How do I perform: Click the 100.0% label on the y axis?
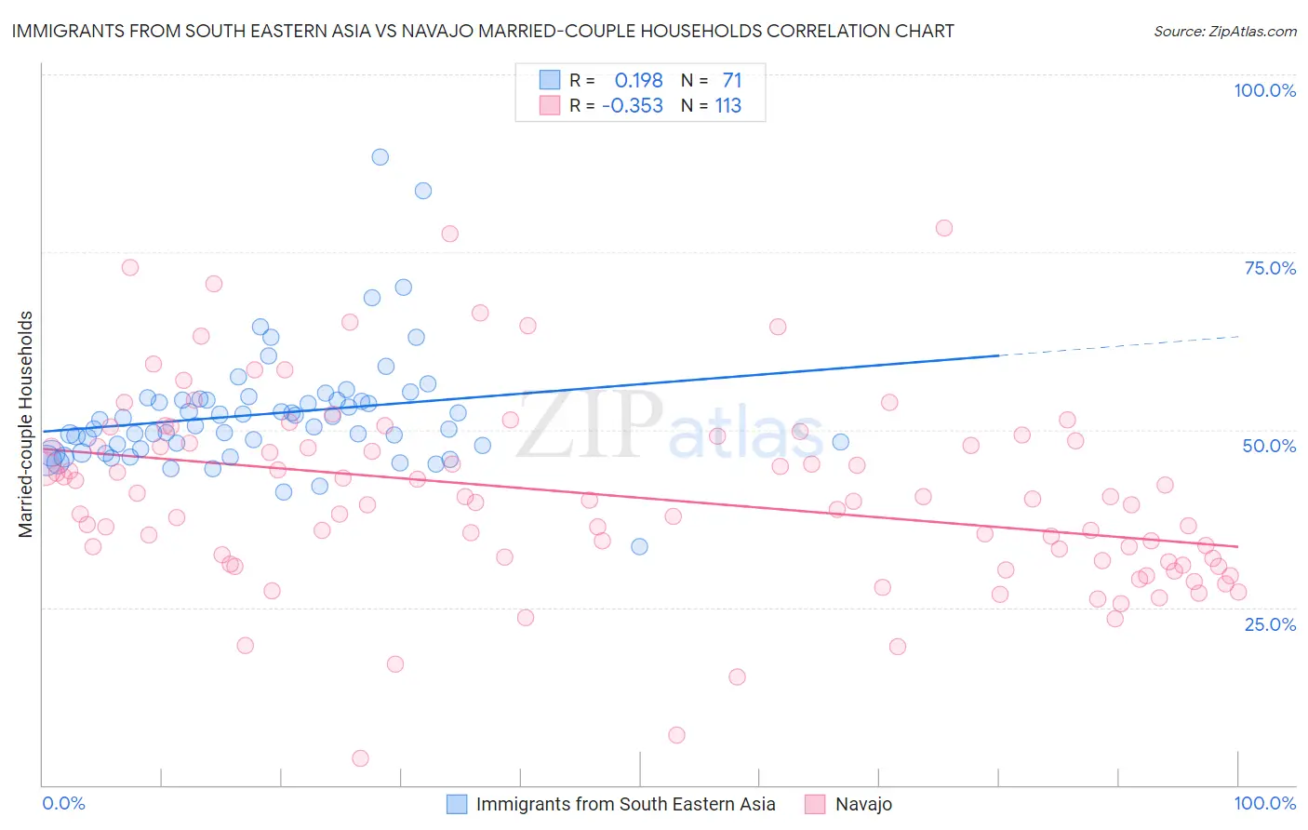click(1264, 90)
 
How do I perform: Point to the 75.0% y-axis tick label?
click(1270, 268)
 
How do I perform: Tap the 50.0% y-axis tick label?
click(1269, 446)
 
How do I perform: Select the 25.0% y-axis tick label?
click(1270, 624)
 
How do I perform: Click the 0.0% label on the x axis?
click(63, 803)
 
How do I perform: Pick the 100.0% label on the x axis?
click(1264, 803)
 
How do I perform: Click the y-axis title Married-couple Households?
click(26, 424)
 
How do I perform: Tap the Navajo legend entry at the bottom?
click(863, 804)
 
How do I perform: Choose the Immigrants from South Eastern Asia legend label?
click(625, 804)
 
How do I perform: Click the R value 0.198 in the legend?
click(638, 81)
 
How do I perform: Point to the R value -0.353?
click(633, 106)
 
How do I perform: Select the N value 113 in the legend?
click(727, 106)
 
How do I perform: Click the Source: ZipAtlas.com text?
click(1224, 31)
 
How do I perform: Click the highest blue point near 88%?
click(380, 157)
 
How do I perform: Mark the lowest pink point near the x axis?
click(360, 758)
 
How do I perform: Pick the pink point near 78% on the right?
click(943, 228)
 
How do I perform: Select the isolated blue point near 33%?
click(639, 546)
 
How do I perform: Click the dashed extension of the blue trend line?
click(1116, 345)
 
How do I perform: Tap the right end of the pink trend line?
click(1237, 546)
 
